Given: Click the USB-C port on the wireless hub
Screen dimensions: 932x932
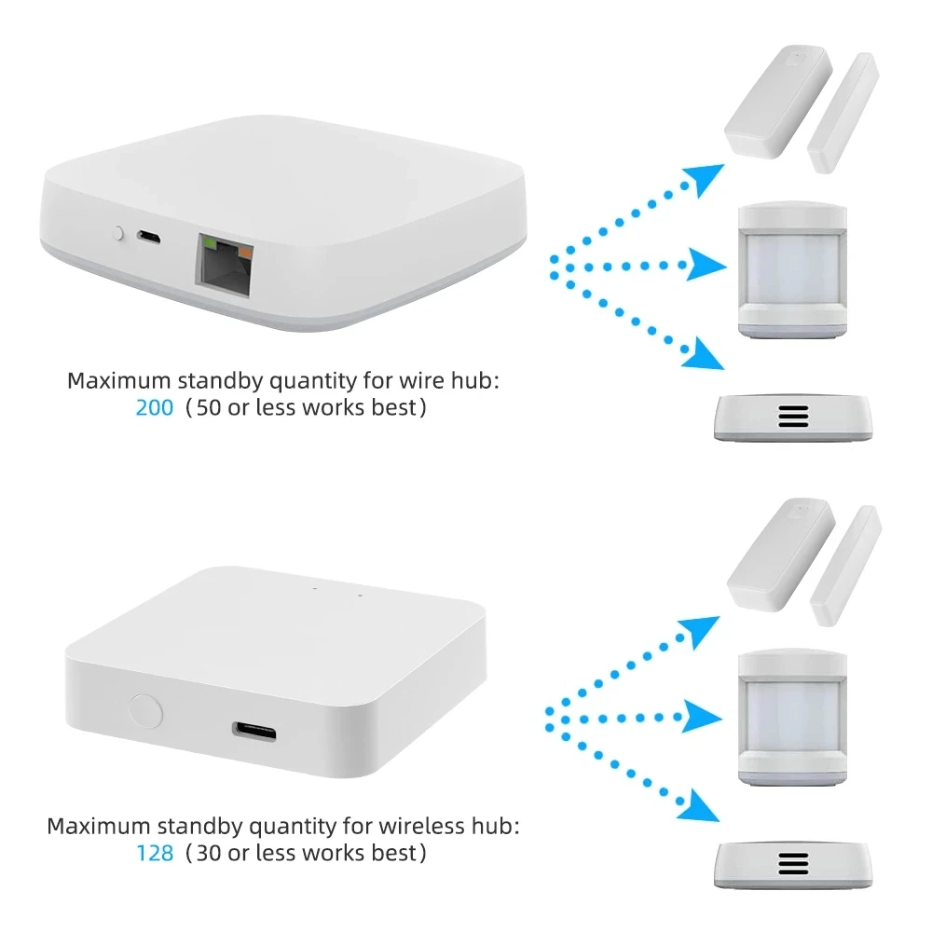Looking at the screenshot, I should pyautogui.click(x=254, y=729).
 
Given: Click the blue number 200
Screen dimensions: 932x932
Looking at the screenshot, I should pyautogui.click(x=154, y=408).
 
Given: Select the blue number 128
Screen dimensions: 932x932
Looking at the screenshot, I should pyautogui.click(x=154, y=852).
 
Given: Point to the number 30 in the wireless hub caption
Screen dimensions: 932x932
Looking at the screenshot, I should pyautogui.click(x=207, y=852).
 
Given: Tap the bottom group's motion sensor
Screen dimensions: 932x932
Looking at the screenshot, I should pyautogui.click(x=793, y=715).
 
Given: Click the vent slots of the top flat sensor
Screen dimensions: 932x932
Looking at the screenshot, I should pyautogui.click(x=793, y=416).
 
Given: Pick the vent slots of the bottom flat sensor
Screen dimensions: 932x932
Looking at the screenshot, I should pyautogui.click(x=793, y=862).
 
